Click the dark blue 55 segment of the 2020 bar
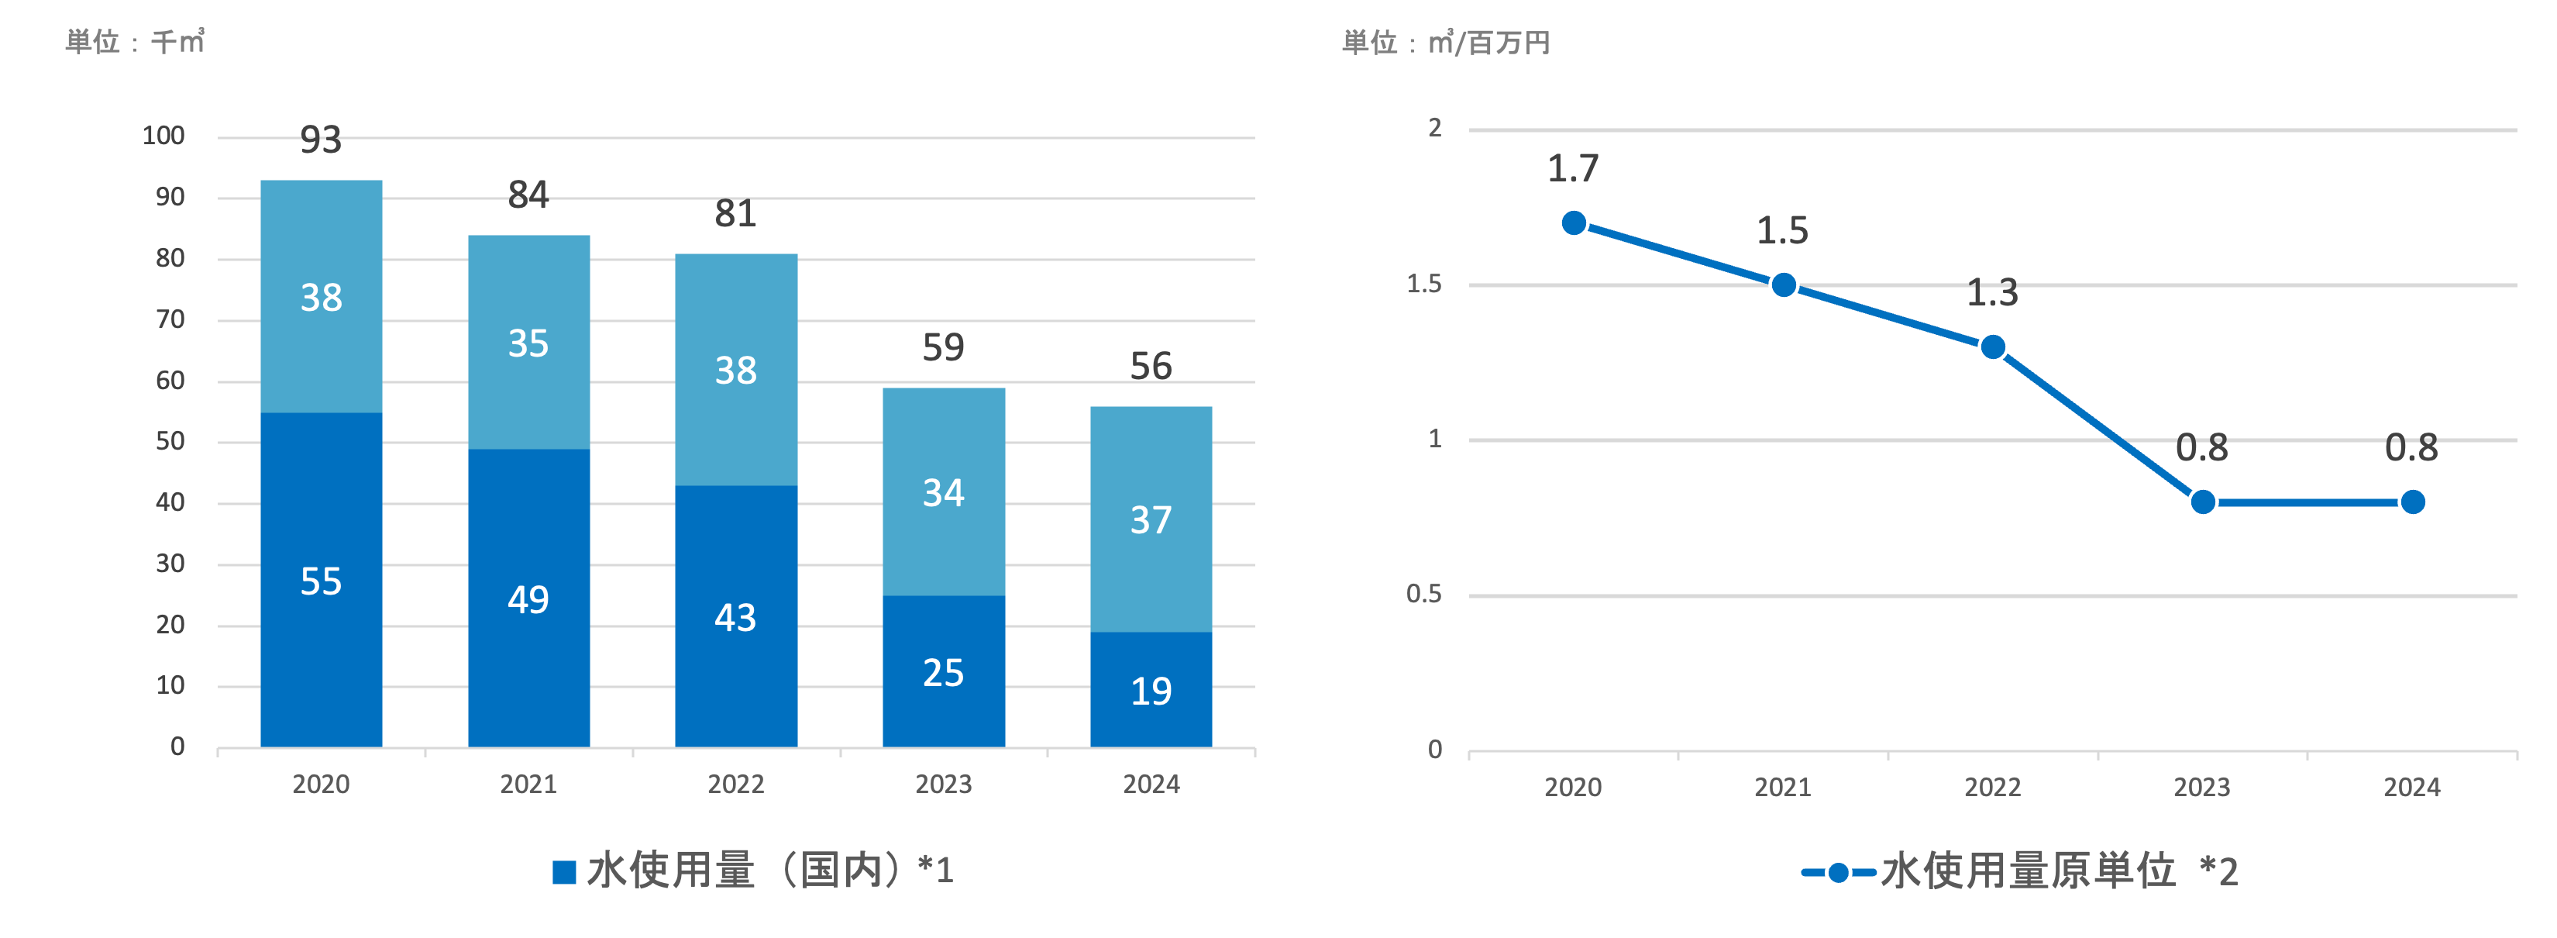321,580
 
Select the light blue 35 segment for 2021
528,343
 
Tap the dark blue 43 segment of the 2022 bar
735,616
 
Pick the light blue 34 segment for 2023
943,492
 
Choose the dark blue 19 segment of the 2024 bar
1151,690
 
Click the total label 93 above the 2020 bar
321,140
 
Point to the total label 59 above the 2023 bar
943,347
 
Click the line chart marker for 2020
1573,223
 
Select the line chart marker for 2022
1992,347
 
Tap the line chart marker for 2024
2412,502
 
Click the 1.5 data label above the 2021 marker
1783,230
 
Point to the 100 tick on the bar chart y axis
163,136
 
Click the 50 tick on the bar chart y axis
170,442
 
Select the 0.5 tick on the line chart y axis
1423,595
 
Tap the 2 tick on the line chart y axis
1434,128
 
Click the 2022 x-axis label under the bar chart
735,785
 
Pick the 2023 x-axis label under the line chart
2201,787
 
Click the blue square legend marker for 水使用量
564,872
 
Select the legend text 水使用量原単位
2028,871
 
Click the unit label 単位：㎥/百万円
1445,43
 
